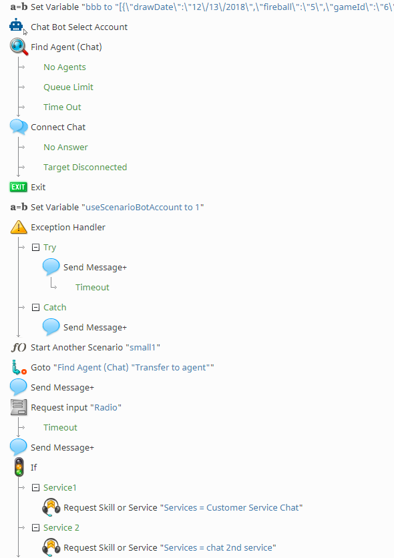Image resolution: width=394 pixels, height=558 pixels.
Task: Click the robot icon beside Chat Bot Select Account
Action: click(x=17, y=26)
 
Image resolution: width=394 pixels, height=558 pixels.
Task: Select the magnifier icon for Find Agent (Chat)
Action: click(x=19, y=47)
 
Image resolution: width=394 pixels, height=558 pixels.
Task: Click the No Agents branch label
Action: click(x=64, y=67)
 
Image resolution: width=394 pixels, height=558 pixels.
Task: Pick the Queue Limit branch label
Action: click(x=68, y=87)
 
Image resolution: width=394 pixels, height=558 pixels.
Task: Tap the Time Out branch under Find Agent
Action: click(x=62, y=107)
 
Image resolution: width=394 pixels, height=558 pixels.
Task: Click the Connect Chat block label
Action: click(x=58, y=127)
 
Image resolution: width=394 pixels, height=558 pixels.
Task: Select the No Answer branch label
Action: click(x=65, y=148)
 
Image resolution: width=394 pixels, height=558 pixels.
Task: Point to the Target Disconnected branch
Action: click(x=85, y=168)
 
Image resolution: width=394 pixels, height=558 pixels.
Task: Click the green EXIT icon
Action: click(x=18, y=187)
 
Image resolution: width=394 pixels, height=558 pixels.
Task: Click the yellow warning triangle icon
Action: click(x=19, y=227)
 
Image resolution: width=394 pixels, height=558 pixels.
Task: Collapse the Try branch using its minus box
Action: click(x=35, y=248)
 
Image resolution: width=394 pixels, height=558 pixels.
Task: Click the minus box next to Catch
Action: click(x=35, y=308)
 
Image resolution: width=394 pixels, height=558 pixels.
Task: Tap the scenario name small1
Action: click(x=142, y=347)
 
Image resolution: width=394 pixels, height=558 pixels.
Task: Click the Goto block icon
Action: click(x=19, y=367)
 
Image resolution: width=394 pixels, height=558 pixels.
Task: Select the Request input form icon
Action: click(x=19, y=407)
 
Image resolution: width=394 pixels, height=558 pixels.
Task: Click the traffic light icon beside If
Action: click(x=19, y=467)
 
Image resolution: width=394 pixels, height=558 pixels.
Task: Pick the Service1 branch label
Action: click(x=60, y=487)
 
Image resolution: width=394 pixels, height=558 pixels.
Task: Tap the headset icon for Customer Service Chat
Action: click(x=51, y=507)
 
